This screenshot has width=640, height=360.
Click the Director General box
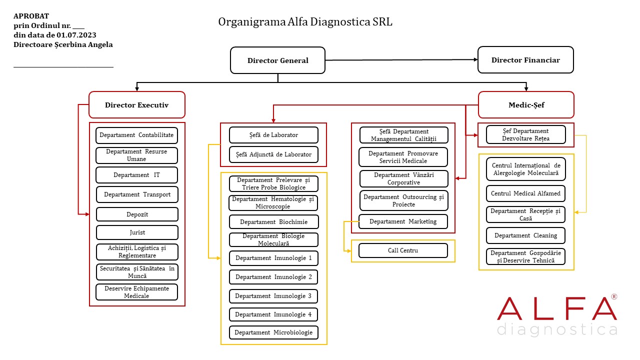(x=277, y=60)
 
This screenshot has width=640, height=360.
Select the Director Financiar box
(x=525, y=60)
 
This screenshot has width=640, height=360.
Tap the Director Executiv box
(x=136, y=105)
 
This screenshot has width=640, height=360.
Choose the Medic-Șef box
(x=526, y=105)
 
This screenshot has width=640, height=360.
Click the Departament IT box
(x=136, y=175)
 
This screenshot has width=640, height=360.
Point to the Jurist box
(x=137, y=232)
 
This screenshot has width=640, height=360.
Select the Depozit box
(x=137, y=214)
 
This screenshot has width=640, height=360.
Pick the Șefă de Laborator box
(x=273, y=135)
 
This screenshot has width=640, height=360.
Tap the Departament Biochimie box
(x=273, y=222)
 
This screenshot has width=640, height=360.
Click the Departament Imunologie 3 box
(x=273, y=296)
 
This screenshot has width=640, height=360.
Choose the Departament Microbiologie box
(x=273, y=332)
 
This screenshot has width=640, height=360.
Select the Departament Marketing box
(x=403, y=221)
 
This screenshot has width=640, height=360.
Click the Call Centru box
(x=403, y=250)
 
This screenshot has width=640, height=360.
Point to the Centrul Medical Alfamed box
(x=526, y=193)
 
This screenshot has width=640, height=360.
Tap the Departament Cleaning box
(x=526, y=235)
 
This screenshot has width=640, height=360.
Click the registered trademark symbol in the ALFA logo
(x=614, y=297)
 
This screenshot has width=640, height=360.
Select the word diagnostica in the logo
(x=557, y=330)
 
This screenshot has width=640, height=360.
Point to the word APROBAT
(x=31, y=16)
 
